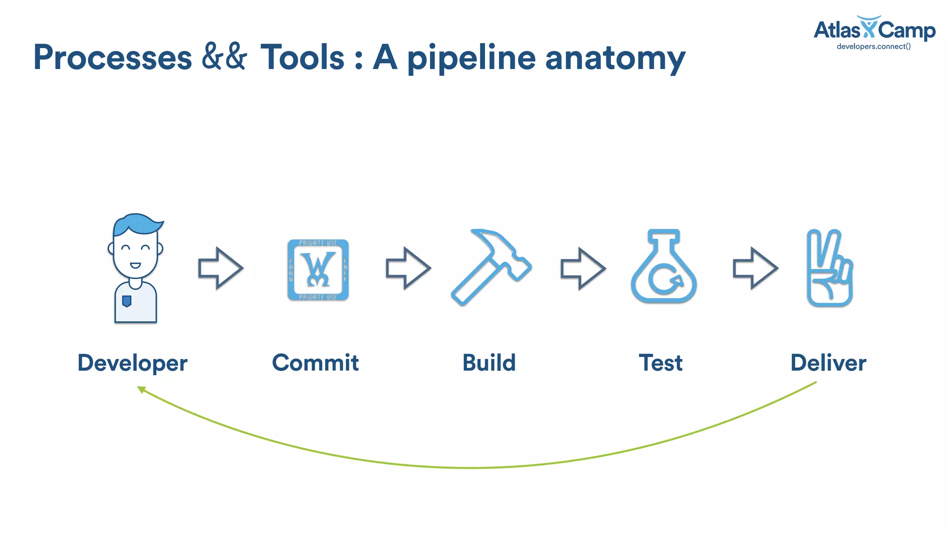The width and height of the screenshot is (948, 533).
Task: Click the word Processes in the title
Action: pos(112,57)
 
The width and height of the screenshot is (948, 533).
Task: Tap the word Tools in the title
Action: pos(302,57)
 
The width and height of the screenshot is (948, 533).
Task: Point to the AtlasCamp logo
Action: pos(874,30)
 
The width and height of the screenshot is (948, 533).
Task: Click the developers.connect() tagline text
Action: pos(873,47)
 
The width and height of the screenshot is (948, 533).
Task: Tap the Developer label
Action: pos(132,363)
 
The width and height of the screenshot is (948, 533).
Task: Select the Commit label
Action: pos(315,362)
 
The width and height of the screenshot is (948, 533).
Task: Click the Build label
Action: pos(489,362)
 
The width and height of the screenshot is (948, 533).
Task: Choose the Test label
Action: pos(661,362)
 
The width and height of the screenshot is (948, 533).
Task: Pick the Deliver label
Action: pos(828,362)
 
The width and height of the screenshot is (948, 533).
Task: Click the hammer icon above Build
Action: pos(491,267)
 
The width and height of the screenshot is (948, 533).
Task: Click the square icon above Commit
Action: pos(318,269)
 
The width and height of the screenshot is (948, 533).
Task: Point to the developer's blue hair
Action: pos(137,224)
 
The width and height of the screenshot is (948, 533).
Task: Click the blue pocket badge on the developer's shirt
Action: pos(126,301)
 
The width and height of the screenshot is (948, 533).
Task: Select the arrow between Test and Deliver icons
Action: pos(755,268)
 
